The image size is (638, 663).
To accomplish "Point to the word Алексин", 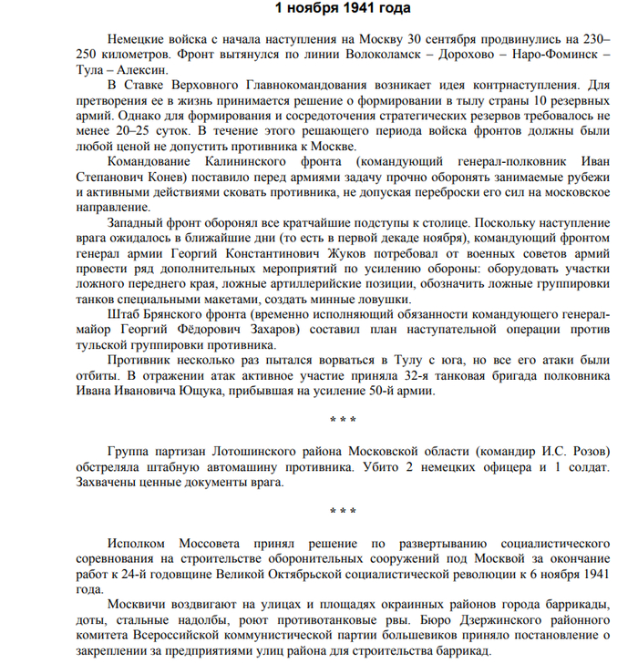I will pos(141,69).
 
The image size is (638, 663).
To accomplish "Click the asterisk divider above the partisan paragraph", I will pos(343,421).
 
